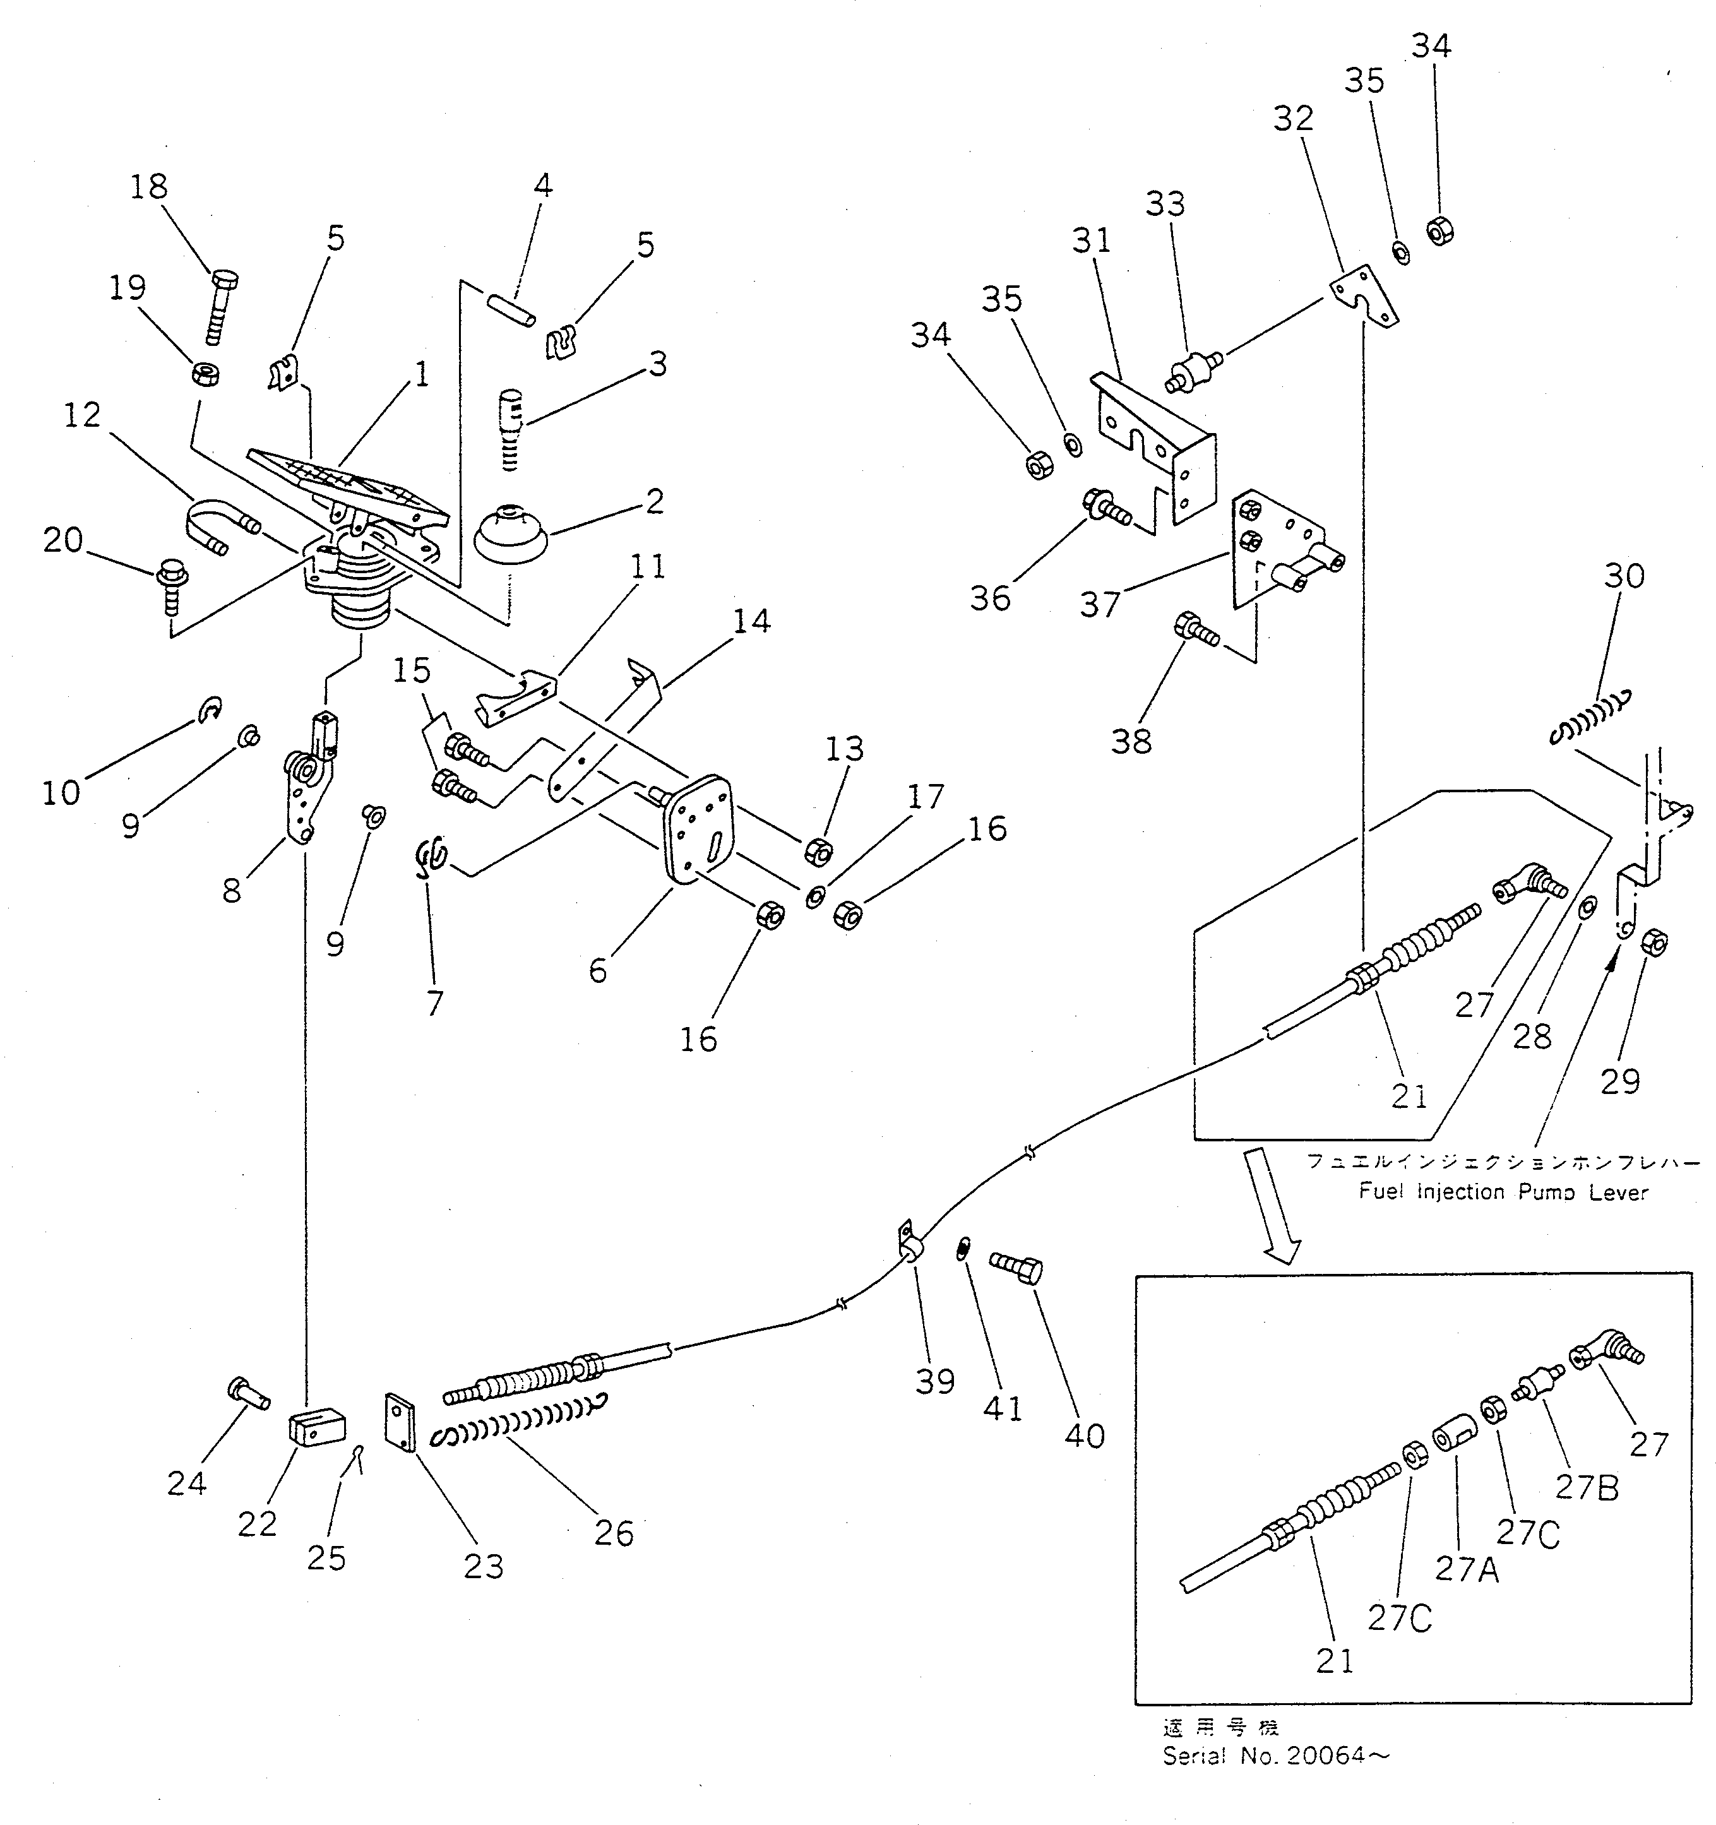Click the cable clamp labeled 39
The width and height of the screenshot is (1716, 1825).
coord(909,1244)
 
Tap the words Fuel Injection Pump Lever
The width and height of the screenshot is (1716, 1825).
coord(1503,1193)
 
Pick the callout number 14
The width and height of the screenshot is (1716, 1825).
coord(752,622)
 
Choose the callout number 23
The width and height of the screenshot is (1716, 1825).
coord(484,1566)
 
